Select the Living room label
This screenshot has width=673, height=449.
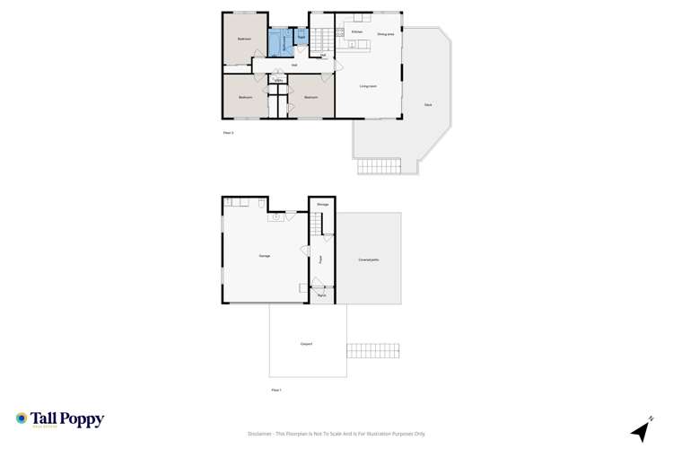point(368,86)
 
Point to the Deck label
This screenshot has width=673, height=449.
point(428,106)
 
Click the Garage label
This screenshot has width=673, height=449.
point(265,256)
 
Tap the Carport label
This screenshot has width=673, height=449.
point(305,344)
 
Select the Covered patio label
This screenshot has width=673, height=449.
point(368,260)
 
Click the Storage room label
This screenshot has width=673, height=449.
point(322,205)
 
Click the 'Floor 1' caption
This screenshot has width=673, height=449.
point(276,390)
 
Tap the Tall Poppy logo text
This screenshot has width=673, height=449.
point(68,418)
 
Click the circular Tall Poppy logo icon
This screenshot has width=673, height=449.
point(21,418)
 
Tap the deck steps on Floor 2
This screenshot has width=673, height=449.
point(379,167)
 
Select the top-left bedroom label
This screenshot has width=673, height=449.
point(244,39)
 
